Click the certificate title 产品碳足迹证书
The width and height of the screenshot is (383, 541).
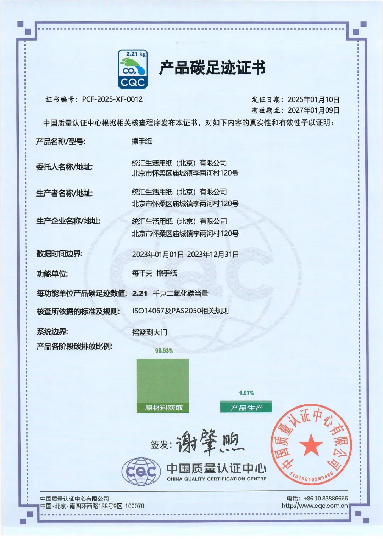(212, 68)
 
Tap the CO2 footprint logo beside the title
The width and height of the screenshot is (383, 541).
(133, 69)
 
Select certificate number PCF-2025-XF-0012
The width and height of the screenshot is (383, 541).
(112, 99)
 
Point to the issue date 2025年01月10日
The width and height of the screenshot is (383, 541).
(313, 100)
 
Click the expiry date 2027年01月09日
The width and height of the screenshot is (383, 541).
(313, 110)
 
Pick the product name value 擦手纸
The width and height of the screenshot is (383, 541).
(142, 142)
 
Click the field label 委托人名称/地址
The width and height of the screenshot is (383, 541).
(64, 167)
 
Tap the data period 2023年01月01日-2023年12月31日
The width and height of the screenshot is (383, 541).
(185, 255)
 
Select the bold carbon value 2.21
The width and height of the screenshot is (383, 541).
(140, 294)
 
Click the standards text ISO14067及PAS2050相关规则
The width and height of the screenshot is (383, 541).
(180, 311)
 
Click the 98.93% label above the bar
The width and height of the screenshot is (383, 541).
(164, 351)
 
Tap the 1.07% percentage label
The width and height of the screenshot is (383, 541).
(246, 393)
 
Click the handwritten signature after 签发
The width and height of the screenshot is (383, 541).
(209, 443)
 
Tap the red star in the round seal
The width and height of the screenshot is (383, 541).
(311, 444)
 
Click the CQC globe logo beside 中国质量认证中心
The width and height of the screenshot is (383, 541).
(139, 472)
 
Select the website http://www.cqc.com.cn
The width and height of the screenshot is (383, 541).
(315, 506)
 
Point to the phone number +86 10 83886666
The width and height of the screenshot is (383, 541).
(326, 498)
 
